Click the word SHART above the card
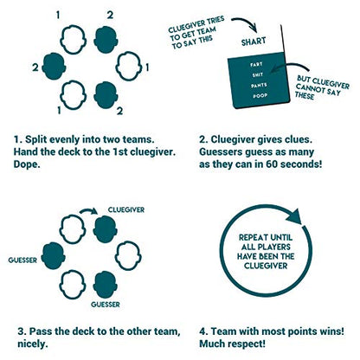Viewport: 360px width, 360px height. click(x=254, y=42)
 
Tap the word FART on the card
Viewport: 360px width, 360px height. click(x=256, y=64)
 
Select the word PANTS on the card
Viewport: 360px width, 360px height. click(x=259, y=86)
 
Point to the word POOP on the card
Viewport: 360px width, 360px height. click(x=260, y=96)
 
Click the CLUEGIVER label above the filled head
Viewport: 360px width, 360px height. click(x=126, y=209)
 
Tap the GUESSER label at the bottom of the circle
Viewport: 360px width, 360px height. click(x=106, y=305)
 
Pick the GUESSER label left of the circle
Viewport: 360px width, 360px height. click(x=22, y=260)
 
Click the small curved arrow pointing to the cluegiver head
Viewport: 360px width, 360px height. click(x=88, y=210)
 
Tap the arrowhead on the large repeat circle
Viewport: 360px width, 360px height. click(x=293, y=216)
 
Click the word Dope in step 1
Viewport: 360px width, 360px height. click(x=27, y=164)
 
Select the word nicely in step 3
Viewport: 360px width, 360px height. click(x=33, y=344)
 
